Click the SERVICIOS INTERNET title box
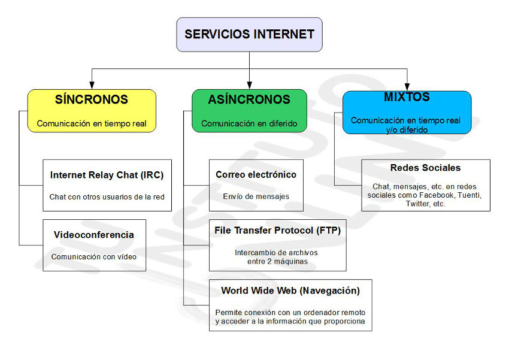pyautogui.click(x=249, y=34)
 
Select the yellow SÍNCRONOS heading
pyautogui.click(x=92, y=99)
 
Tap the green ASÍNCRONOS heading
pyautogui.click(x=249, y=99)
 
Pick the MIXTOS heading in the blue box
pyautogui.click(x=407, y=96)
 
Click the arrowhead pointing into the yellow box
pyautogui.click(x=92, y=85)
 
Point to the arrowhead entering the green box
pyautogui.click(x=249, y=85)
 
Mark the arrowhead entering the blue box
pyautogui.click(x=407, y=87)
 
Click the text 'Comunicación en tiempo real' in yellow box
pyautogui.click(x=92, y=123)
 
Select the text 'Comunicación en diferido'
pyautogui.click(x=249, y=123)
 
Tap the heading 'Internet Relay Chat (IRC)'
pyautogui.click(x=107, y=175)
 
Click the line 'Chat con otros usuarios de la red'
pyautogui.click(x=107, y=196)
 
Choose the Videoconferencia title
pyautogui.click(x=94, y=235)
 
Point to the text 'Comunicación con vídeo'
pyautogui.click(x=94, y=257)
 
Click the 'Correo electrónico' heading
pyautogui.click(x=256, y=175)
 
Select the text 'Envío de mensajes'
pyautogui.click(x=256, y=196)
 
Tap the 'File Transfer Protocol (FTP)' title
pyautogui.click(x=277, y=231)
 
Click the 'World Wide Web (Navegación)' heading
pyautogui.click(x=290, y=291)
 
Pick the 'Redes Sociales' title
pyautogui.click(x=425, y=168)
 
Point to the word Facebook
pyautogui.click(x=437, y=195)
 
